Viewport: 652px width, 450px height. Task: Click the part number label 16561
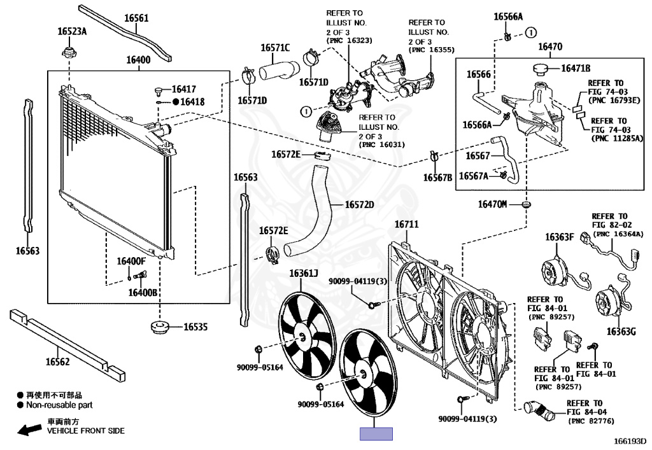(136, 18)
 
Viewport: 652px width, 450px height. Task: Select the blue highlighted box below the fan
(376, 433)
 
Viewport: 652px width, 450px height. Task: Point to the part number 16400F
(131, 261)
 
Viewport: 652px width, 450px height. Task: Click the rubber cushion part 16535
(160, 327)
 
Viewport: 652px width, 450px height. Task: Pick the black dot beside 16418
(176, 101)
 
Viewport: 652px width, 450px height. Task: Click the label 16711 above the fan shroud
(406, 225)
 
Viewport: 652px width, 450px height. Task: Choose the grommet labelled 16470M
(527, 204)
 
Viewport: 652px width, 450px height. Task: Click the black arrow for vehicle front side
(29, 430)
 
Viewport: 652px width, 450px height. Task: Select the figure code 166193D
(630, 441)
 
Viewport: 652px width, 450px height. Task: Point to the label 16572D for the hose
(359, 204)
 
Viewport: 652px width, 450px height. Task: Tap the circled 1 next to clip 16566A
(530, 32)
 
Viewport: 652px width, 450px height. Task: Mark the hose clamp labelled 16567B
(434, 157)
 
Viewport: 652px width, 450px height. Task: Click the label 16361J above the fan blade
(304, 273)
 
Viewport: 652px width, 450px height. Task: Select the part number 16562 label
(57, 362)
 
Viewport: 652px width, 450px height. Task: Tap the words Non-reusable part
(59, 405)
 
